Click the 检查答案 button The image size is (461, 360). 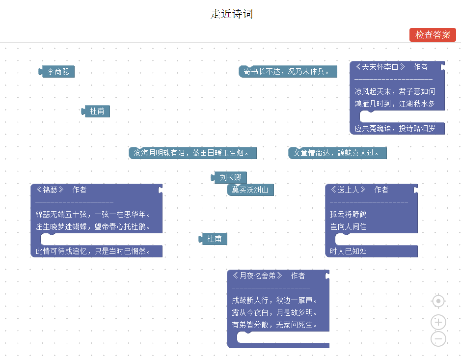[433, 35]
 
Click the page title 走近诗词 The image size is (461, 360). [231, 14]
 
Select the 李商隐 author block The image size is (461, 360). [58, 72]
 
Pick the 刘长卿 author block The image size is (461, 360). [230, 178]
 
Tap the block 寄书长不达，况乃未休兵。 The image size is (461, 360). [288, 72]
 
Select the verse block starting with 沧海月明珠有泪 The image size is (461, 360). [192, 153]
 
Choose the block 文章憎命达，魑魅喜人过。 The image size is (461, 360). [337, 153]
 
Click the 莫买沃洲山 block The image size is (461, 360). [250, 190]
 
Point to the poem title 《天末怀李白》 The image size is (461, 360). [380, 67]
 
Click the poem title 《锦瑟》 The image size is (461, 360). [51, 190]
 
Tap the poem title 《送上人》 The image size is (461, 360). [348, 190]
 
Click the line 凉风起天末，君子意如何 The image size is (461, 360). [395, 91]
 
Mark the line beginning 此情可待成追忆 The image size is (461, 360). [92, 251]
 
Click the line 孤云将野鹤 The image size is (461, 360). [348, 215]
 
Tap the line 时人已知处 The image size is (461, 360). [348, 251]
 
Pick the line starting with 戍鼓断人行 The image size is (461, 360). [274, 300]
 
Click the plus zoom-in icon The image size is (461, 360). [438, 323]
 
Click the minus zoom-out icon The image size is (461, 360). [438, 339]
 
